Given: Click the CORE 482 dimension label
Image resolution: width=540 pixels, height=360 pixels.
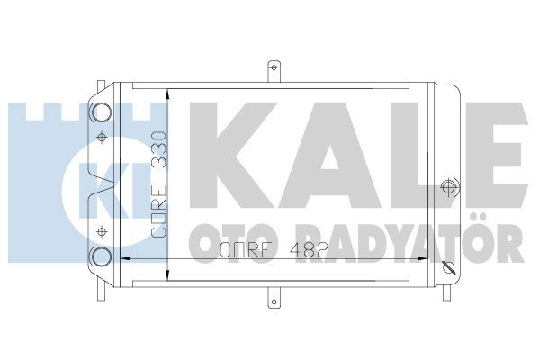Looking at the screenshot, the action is click(x=274, y=249).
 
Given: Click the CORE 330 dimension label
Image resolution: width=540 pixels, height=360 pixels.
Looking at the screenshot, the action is click(x=159, y=184).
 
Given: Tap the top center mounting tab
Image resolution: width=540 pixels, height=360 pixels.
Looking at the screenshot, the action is click(x=274, y=71).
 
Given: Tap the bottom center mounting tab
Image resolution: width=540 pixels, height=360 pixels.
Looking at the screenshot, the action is click(x=274, y=298).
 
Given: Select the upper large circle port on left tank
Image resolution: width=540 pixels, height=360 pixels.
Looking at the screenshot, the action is click(x=101, y=112).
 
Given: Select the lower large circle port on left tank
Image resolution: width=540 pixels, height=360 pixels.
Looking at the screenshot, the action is click(x=101, y=257).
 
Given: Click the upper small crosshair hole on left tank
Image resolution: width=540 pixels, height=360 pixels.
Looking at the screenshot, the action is click(x=101, y=138).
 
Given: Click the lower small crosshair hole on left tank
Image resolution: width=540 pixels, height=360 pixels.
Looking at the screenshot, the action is click(x=101, y=231).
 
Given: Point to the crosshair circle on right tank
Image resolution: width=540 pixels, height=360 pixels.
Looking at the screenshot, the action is click(x=449, y=187).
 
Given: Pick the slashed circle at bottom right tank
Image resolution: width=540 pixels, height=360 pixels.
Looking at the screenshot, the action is click(x=449, y=267).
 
